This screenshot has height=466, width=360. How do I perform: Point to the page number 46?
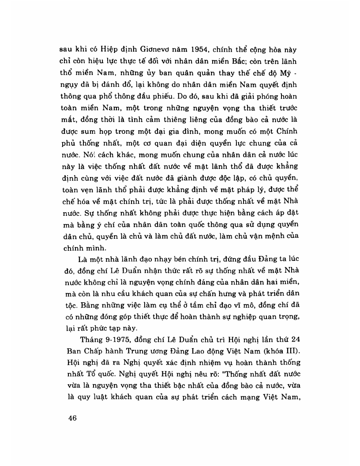click(70, 419)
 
